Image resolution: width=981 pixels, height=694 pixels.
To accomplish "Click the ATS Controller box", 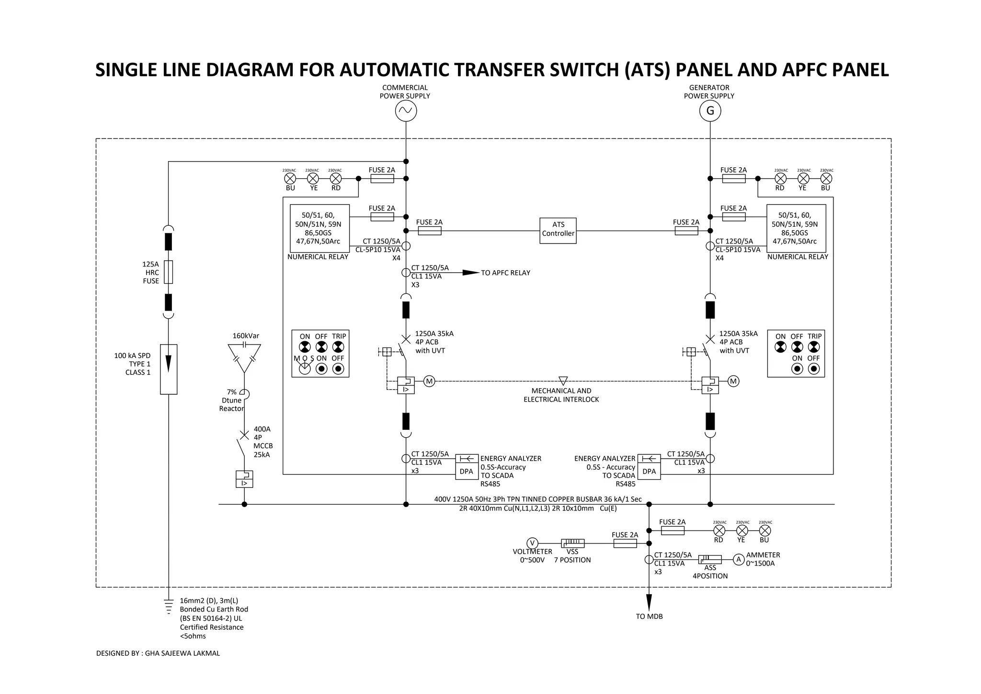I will click(558, 231).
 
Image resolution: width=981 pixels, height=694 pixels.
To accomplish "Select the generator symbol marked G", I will click(710, 111).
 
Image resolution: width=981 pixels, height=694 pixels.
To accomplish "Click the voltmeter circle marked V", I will click(532, 543).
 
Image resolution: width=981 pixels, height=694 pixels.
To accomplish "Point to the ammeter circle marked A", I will click(739, 559).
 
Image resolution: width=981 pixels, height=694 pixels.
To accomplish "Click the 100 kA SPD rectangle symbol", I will click(169, 369).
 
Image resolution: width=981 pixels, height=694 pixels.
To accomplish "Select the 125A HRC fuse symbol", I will click(169, 272).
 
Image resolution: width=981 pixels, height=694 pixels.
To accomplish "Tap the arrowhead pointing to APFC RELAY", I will click(470, 273).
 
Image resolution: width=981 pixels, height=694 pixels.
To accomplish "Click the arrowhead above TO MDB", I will click(649, 602).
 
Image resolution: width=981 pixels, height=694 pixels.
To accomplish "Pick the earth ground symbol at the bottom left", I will click(169, 606).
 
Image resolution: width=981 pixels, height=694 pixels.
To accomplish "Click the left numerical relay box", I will click(319, 228).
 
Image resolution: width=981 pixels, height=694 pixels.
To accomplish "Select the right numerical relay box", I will click(796, 228).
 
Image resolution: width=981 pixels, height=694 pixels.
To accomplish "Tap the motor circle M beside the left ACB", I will click(429, 382).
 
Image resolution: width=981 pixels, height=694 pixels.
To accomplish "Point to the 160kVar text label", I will click(246, 335).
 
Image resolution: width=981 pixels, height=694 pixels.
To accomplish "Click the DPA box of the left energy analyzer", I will click(466, 472).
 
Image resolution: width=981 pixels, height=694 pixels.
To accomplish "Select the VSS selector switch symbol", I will click(572, 543).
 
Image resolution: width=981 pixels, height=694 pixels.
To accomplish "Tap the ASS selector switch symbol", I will click(710, 559).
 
